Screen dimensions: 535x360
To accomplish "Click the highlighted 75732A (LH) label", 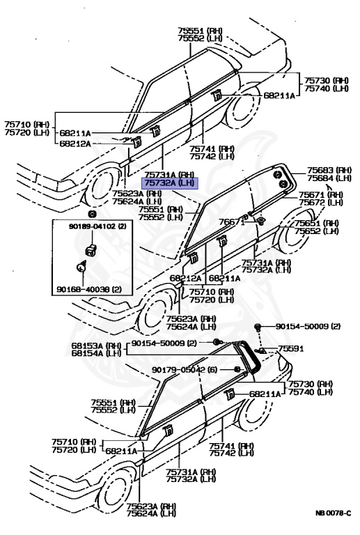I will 171,183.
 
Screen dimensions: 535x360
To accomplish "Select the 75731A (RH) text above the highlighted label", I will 171,174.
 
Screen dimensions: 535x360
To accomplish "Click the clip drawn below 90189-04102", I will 89,249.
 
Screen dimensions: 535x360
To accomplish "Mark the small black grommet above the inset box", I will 92,212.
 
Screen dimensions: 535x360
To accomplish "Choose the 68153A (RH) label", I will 97,346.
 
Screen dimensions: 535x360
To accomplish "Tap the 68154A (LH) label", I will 97,354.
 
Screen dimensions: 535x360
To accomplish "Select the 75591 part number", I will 292,348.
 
